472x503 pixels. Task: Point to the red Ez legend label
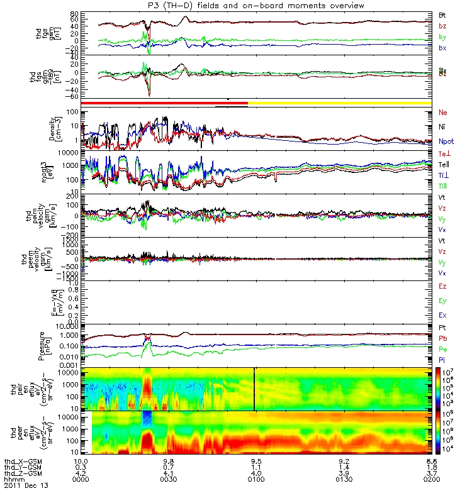click(442, 287)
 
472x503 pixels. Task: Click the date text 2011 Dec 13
click(26, 486)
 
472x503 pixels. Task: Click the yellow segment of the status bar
click(340, 102)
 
